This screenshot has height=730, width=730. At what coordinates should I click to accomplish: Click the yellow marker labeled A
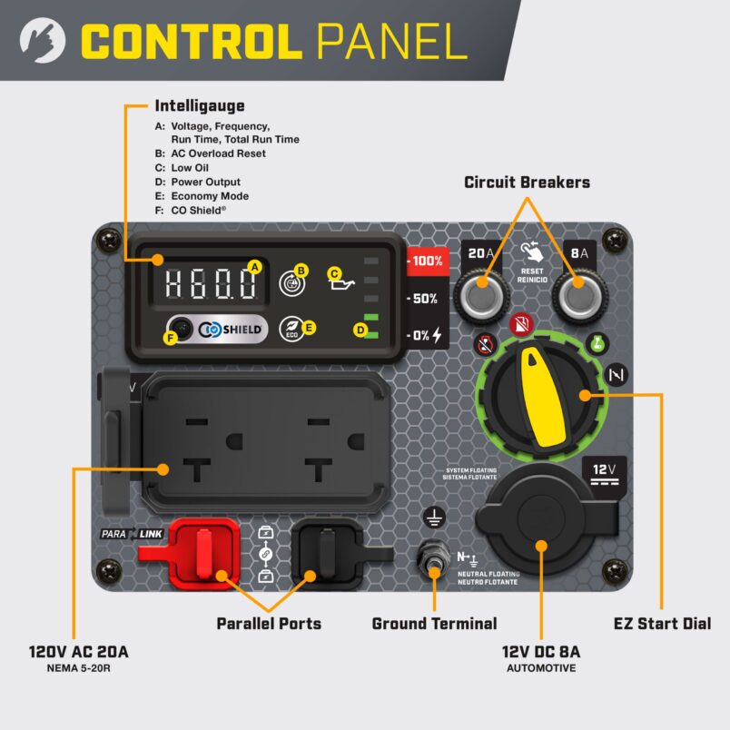pyautogui.click(x=255, y=267)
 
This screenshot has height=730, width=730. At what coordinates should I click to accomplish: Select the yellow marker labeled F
pyautogui.click(x=168, y=338)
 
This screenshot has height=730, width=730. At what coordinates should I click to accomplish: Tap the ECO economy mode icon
pyautogui.click(x=291, y=328)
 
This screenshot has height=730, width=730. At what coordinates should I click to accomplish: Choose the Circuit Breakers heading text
pyautogui.click(x=527, y=182)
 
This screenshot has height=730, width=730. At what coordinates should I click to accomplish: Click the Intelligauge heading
pyautogui.click(x=199, y=106)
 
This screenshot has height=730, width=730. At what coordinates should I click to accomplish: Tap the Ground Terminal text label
pyautogui.click(x=434, y=624)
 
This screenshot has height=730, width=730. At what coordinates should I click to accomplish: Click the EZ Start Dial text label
pyautogui.click(x=662, y=624)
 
